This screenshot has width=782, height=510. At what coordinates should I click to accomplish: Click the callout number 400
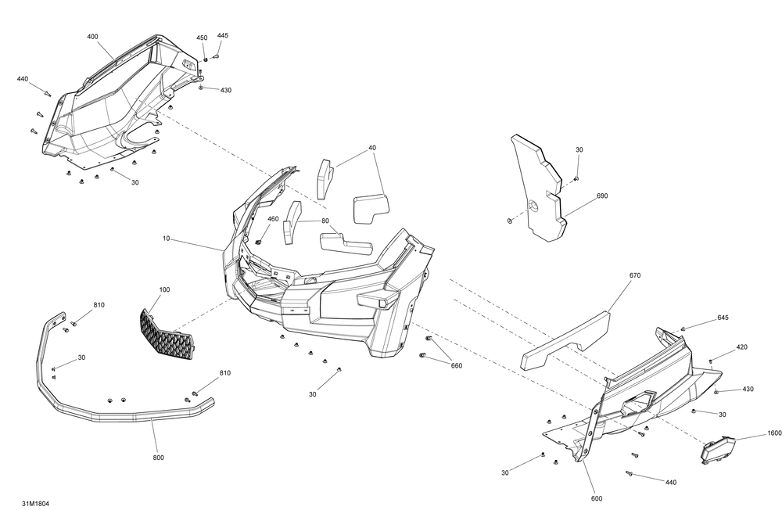92,37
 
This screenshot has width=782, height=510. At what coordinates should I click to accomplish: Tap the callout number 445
223,36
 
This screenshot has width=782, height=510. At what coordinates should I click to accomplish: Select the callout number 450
202,38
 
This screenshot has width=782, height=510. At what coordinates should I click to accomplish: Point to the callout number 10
166,238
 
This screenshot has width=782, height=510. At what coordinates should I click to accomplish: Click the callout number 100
164,290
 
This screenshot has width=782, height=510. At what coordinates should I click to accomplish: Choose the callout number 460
273,219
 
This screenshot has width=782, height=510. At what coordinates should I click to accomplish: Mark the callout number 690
601,196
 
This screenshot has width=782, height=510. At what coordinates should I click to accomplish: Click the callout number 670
634,275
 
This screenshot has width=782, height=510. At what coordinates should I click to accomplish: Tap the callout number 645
723,318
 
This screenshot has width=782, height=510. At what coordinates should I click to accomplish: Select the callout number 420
741,347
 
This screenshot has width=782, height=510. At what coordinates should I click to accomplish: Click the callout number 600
597,498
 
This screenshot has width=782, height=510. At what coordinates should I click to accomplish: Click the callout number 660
457,365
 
